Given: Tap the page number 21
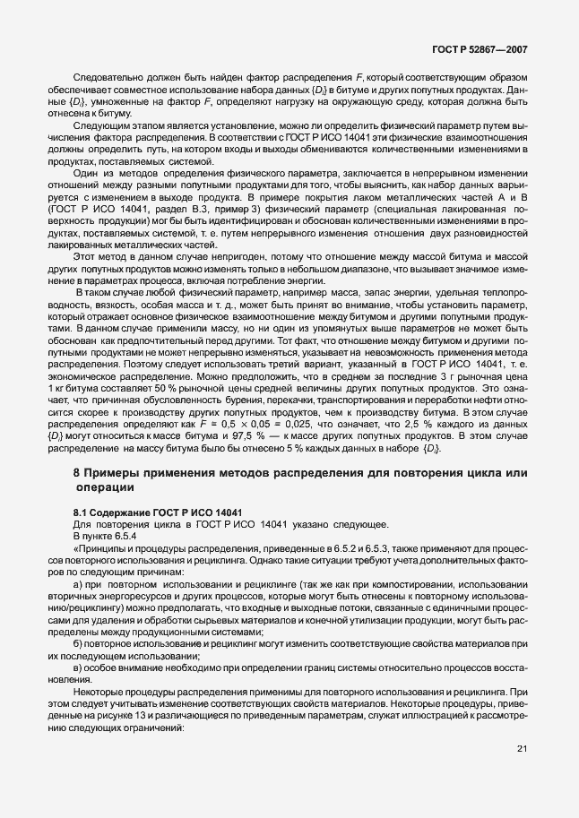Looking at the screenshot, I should point(523,774).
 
